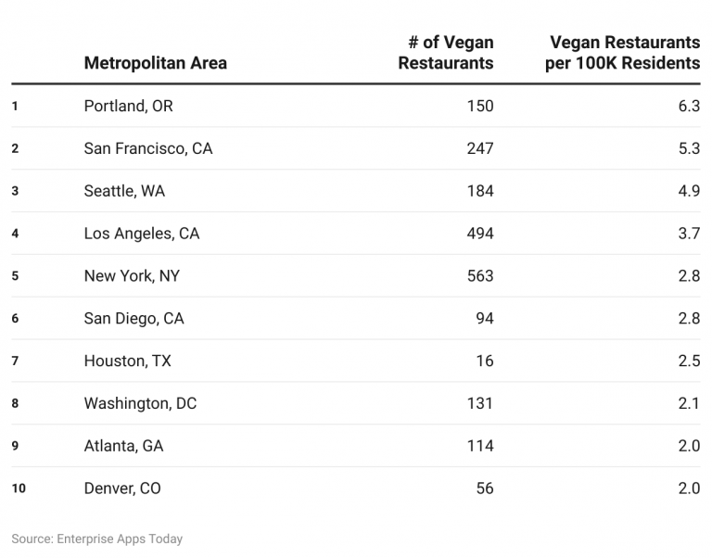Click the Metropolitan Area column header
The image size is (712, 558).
155,63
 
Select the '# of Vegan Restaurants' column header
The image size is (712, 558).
446,53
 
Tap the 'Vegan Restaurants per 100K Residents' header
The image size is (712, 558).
623,53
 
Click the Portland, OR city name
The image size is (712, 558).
128,106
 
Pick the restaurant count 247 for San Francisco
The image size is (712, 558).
480,148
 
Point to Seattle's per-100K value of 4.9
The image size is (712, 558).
688,191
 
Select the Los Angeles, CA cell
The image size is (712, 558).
141,234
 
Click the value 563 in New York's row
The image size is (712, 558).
480,276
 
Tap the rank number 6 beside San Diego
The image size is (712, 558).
15,319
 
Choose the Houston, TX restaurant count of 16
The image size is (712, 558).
485,361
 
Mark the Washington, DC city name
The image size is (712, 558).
140,403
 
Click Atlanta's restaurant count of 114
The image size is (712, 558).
480,446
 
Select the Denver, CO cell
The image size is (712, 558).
121,488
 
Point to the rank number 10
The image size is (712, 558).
19,488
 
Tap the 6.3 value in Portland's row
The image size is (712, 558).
688,106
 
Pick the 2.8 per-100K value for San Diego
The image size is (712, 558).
688,319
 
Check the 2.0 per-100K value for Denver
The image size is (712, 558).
688,488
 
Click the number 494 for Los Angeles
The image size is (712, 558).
480,234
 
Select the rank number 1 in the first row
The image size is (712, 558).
15,106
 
